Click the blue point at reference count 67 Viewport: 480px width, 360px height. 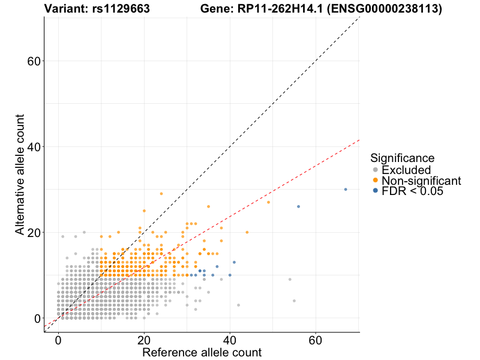[x=346, y=190]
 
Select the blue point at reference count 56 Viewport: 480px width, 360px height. [x=298, y=206]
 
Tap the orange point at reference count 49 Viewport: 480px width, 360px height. [x=268, y=202]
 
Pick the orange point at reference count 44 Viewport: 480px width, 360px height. [x=247, y=232]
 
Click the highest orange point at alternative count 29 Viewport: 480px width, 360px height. [x=161, y=194]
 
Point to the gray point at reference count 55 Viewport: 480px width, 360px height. [x=294, y=301]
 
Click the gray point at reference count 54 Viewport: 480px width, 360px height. [x=290, y=280]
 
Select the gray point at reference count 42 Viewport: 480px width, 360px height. [x=238, y=305]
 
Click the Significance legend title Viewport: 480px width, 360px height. [x=402, y=158]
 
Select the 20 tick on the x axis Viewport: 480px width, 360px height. [x=144, y=340]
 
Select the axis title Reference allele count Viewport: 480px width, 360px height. [x=202, y=352]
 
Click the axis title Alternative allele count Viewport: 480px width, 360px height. [x=20, y=175]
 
